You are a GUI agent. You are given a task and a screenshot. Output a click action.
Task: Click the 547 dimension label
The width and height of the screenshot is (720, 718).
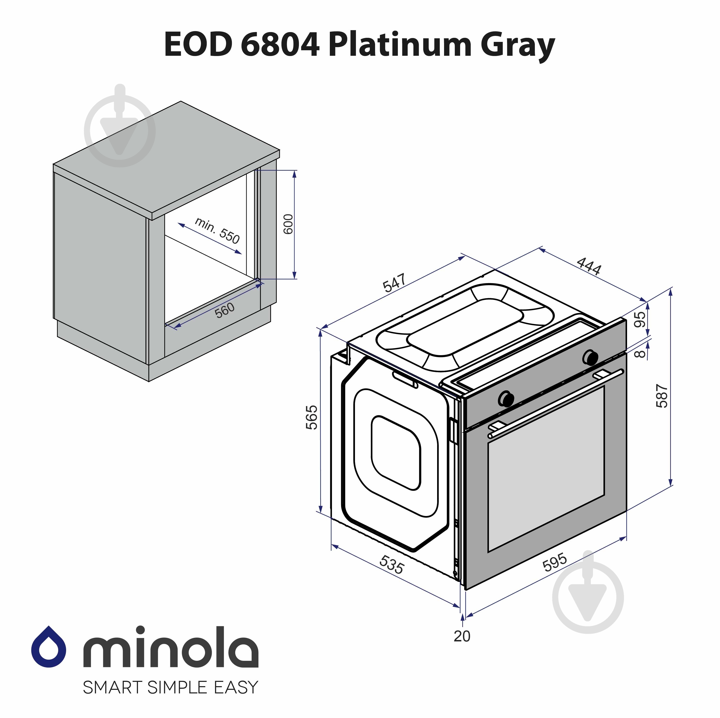tap(394, 283)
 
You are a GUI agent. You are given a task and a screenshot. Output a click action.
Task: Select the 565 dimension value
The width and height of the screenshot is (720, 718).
tap(312, 418)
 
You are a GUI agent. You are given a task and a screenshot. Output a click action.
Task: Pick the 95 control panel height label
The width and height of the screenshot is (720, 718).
tap(640, 319)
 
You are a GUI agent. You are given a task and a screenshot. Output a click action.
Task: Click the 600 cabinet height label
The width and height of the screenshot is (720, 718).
tap(288, 224)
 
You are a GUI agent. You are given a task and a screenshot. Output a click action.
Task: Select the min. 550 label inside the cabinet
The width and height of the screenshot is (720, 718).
tap(217, 231)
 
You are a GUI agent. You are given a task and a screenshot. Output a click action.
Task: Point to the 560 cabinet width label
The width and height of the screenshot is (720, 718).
tap(225, 310)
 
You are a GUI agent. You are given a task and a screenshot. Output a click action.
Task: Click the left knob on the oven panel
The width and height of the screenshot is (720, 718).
tap(506, 398)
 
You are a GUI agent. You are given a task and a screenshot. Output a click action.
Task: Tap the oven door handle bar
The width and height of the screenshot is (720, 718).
tap(555, 404)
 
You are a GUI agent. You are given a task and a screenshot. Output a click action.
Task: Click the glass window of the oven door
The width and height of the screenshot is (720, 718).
tap(546, 469)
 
